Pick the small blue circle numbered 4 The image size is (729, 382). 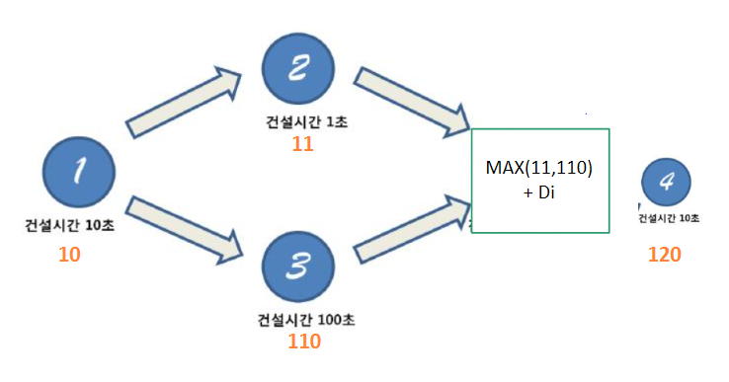[666, 184]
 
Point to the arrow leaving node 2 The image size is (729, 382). [413, 101]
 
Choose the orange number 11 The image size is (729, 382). [303, 144]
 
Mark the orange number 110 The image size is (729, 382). [303, 342]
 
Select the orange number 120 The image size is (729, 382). [665, 255]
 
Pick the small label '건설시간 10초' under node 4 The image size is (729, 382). [669, 217]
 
